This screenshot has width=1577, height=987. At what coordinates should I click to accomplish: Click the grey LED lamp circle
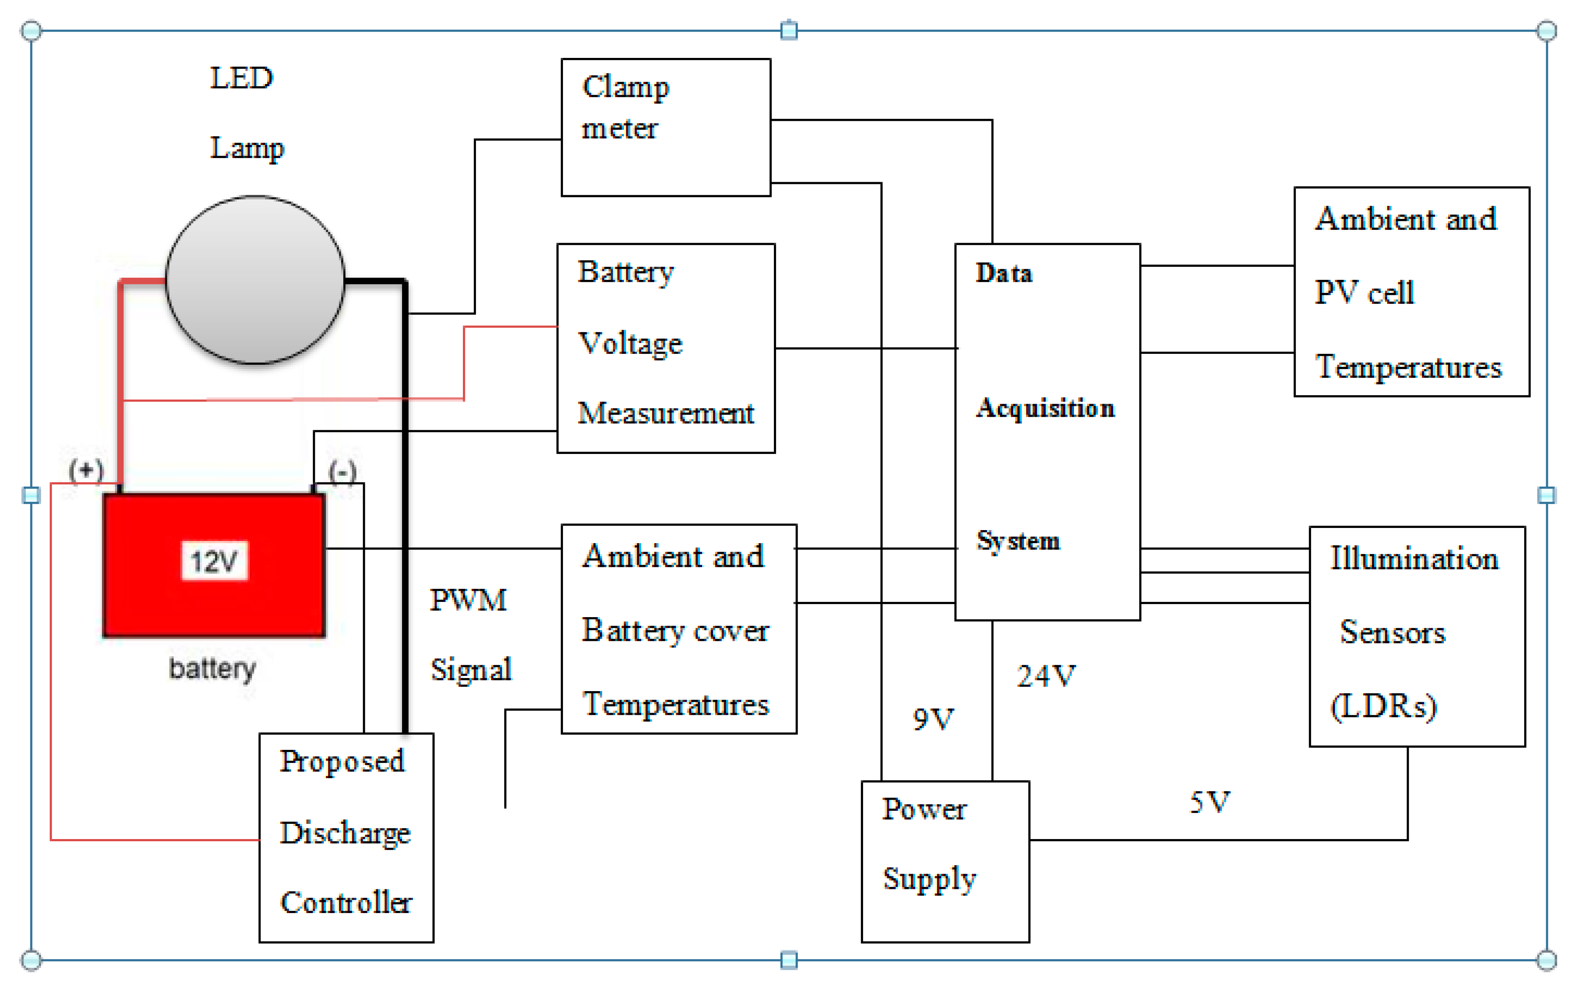click(x=254, y=279)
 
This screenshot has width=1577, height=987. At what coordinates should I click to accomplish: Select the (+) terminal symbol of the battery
click(x=86, y=470)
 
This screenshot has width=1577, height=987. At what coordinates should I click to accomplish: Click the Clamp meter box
click(x=666, y=127)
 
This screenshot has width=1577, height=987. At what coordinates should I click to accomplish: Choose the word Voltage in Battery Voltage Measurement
click(x=630, y=343)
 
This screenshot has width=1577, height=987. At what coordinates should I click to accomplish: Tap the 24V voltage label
click(x=1046, y=676)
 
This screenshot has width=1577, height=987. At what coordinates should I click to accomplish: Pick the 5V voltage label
click(x=1210, y=802)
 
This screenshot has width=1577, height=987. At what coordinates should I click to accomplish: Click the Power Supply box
click(x=945, y=861)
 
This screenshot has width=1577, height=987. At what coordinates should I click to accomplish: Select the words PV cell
click(x=1364, y=293)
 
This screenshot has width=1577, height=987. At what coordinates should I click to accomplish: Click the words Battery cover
click(x=675, y=631)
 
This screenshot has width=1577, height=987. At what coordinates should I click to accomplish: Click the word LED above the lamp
click(x=241, y=78)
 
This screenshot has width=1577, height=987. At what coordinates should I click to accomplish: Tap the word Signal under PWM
click(x=470, y=670)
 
